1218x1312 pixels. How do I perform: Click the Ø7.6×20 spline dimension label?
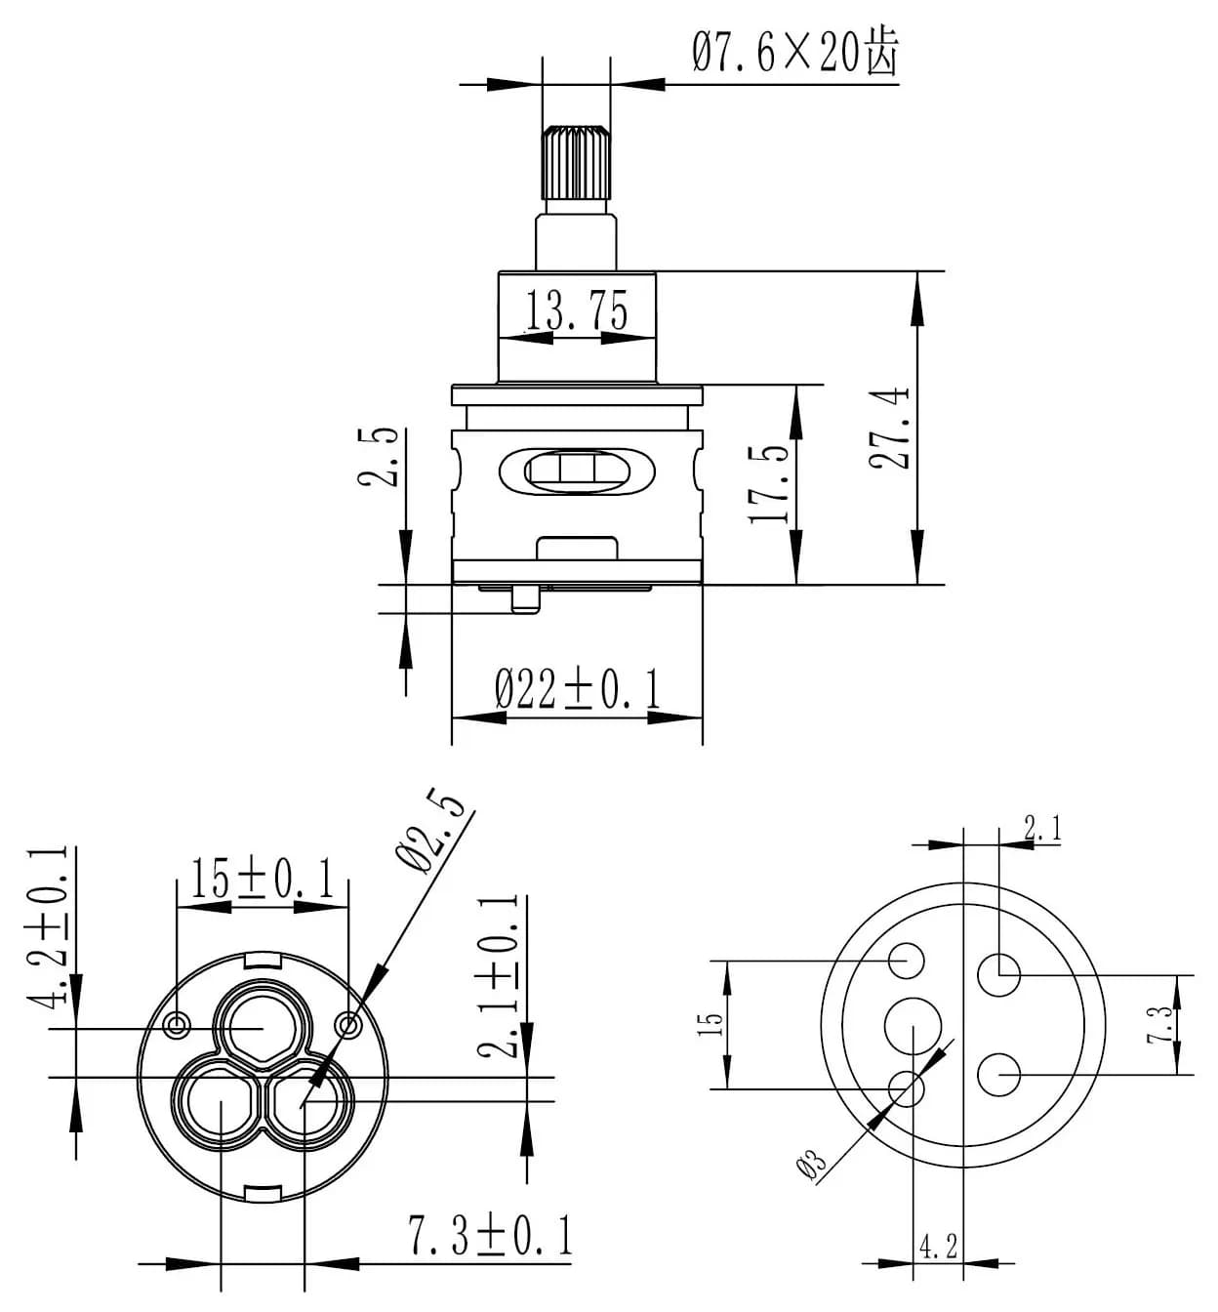point(794,51)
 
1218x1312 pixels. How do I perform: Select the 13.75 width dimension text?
point(577,311)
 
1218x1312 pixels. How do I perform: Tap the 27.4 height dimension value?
point(890,428)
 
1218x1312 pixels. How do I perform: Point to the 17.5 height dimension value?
point(771,484)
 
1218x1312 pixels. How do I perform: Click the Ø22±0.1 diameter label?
point(578,689)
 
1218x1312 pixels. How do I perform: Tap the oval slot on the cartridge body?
point(577,471)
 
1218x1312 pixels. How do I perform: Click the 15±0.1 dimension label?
point(262,879)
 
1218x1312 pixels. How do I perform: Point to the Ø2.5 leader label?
point(430,831)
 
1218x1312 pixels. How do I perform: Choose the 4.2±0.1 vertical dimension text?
point(54,925)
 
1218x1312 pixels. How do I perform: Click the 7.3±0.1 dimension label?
point(490,1236)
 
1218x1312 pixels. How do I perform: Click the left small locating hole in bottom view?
point(177,1024)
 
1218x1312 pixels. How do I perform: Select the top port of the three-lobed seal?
point(262,1027)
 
